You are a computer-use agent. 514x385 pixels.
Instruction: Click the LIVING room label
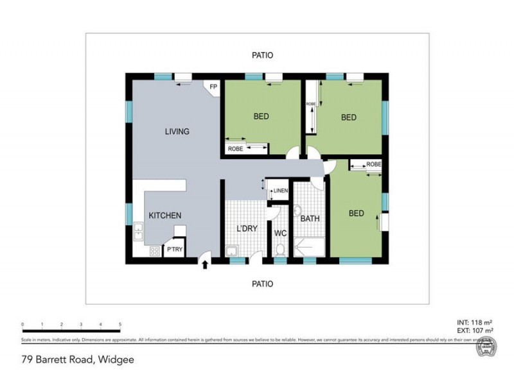coord(177,132)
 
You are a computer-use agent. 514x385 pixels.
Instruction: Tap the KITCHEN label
coord(164,216)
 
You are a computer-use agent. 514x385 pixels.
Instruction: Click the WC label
coord(280,233)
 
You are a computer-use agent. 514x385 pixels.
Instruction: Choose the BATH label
coord(310,219)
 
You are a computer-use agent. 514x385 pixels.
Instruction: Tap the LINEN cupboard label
coord(280,191)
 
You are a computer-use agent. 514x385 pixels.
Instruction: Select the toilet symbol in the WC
coord(279,249)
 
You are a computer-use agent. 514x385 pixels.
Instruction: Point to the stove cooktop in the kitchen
coord(154,252)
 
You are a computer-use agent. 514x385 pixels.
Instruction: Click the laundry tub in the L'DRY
coord(233,250)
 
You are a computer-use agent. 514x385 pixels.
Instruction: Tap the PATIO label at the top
coord(262,55)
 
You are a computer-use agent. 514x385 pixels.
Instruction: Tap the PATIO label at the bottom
coord(262,284)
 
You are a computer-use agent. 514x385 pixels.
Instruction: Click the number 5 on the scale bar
coord(120,325)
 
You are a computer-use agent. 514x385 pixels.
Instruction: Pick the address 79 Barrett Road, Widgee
coord(77,360)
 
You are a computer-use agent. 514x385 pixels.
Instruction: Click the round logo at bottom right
coord(486,349)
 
